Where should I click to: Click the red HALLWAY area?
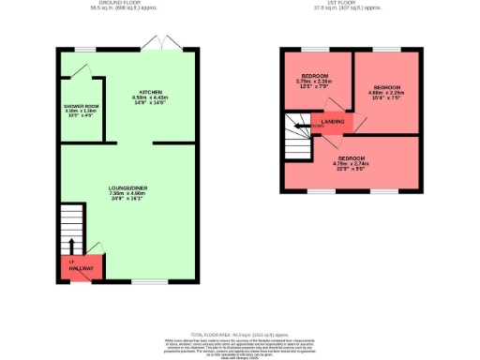point(80,268)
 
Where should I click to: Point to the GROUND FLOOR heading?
point(125,3)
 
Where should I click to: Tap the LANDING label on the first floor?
point(332,121)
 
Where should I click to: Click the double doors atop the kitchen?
point(152,45)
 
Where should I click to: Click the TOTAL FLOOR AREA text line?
point(239,333)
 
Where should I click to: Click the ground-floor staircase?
point(72,230)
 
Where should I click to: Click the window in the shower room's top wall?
point(85,49)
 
